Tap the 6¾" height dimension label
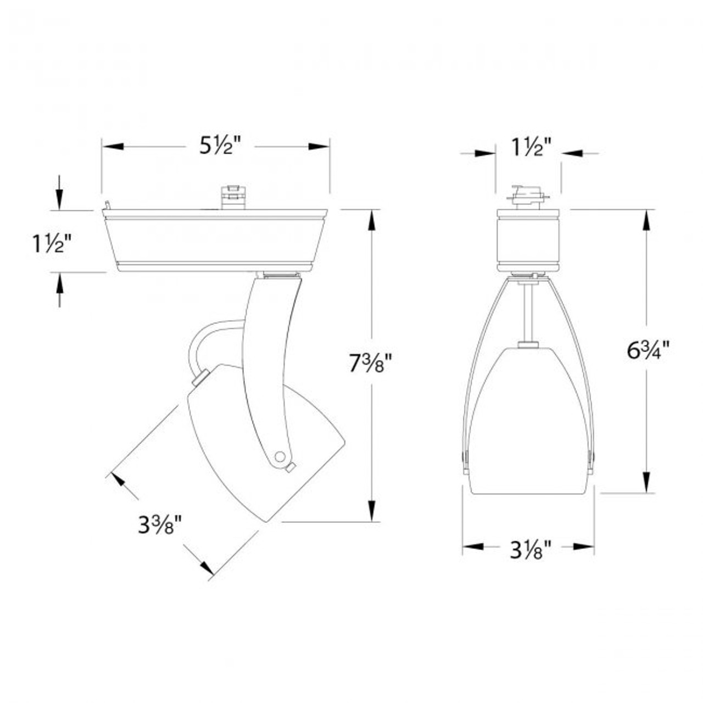pyautogui.click(x=648, y=350)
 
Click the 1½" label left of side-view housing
pyautogui.click(x=51, y=242)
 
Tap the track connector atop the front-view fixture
pyautogui.click(x=528, y=197)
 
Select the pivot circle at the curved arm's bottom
pyautogui.click(x=280, y=456)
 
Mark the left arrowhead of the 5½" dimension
pyautogui.click(x=113, y=147)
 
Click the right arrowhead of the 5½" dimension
pyautogui.click(x=318, y=147)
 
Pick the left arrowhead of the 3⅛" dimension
pyautogui.click(x=473, y=546)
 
